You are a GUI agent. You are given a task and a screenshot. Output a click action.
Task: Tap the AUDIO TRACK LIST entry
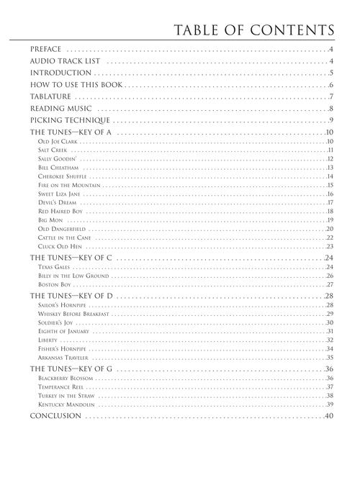[60, 61]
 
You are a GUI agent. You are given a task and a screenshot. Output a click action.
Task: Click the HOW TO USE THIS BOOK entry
[76, 85]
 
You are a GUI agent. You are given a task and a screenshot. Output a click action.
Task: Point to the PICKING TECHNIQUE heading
[69, 120]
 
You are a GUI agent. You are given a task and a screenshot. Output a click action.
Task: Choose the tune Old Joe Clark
[58, 142]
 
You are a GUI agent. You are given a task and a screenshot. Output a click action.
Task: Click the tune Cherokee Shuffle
[63, 176]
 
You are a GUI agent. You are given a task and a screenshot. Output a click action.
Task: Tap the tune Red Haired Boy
[60, 212]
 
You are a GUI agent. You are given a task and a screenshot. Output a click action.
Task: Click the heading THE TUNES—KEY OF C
[71, 257]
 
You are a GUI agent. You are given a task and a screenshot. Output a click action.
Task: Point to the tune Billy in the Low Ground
[73, 275]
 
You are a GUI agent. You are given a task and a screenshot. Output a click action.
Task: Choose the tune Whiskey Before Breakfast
[73, 314]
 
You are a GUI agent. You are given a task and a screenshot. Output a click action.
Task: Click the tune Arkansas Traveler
[63, 358]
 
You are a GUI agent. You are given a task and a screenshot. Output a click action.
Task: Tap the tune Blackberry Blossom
[66, 378]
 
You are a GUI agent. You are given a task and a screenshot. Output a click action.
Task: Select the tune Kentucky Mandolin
[66, 404]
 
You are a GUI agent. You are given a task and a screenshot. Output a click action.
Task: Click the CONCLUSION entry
[55, 417]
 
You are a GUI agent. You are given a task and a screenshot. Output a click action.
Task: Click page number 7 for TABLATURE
[330, 96]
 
